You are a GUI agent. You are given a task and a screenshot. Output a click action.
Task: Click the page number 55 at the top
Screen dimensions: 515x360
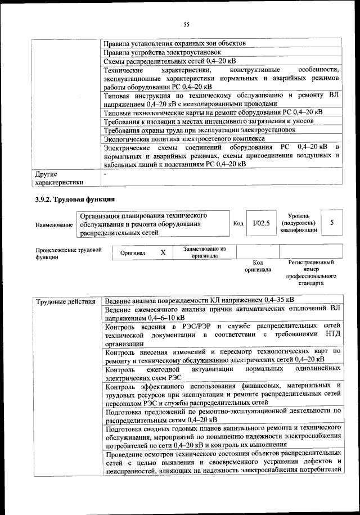pos(187,24)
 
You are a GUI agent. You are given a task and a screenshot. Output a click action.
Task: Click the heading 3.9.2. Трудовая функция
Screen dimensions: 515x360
pos(72,199)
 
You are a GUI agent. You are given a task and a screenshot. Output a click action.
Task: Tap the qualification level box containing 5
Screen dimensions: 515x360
pos(332,223)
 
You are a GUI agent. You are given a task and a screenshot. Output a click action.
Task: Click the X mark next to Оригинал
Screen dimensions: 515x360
pos(163,253)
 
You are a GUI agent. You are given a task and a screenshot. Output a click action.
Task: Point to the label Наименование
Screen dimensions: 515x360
pos(54,225)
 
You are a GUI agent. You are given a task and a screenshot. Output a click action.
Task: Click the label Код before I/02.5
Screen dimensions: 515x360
pos(238,223)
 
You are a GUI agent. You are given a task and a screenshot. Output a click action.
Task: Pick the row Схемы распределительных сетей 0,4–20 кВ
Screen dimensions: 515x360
pos(170,61)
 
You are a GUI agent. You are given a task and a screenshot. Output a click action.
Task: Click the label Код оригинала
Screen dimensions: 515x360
pos(258,266)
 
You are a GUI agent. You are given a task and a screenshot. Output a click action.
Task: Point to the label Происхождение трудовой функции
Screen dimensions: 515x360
pos(68,253)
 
